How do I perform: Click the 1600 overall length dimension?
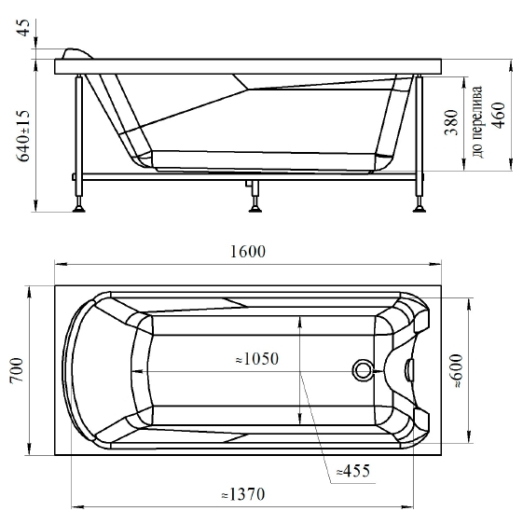(x=248, y=252)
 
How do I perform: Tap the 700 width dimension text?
(x=17, y=370)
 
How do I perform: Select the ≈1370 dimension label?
(x=243, y=494)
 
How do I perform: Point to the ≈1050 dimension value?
(x=257, y=359)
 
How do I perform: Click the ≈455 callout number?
(x=353, y=470)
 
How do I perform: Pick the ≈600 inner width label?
(x=458, y=371)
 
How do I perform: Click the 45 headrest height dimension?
(x=23, y=27)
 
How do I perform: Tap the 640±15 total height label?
(x=23, y=135)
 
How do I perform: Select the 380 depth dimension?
(x=451, y=122)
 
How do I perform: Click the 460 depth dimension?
(x=498, y=116)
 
